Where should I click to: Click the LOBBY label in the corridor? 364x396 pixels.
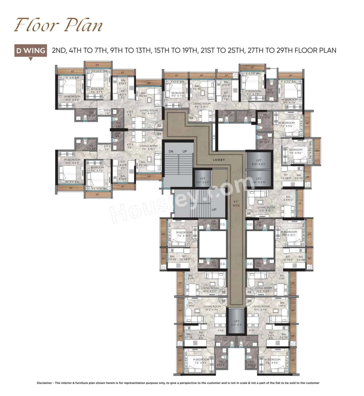[x=219, y=160]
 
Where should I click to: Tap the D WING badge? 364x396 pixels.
[x=31, y=51]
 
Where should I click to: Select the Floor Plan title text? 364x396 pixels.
[x=58, y=25]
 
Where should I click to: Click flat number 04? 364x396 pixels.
[x=249, y=213]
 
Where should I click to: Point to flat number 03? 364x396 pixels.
[x=191, y=118]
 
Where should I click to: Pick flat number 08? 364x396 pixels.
[x=224, y=292]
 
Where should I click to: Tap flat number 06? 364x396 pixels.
[x=249, y=301]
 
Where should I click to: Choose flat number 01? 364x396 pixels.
[x=159, y=134]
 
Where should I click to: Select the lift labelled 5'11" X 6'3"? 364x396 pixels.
[x=202, y=180]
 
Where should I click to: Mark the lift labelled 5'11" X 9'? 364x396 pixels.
[x=236, y=323]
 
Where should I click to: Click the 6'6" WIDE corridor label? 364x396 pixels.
[x=236, y=203]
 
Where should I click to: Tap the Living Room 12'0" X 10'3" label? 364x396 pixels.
[x=266, y=209]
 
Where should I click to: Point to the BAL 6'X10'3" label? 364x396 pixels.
[x=288, y=198]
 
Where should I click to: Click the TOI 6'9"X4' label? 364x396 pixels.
[x=229, y=114]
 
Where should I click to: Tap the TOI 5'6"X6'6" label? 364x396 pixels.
[x=265, y=141]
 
